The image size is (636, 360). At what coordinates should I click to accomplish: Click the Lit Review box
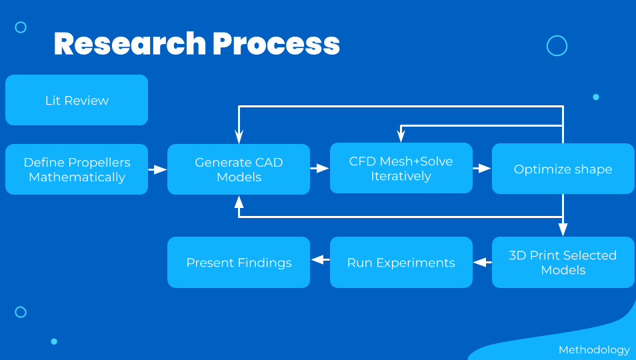[77, 100]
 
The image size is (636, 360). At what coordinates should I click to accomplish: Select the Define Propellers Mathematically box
[77, 169]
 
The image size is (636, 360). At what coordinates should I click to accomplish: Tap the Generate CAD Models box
[239, 169]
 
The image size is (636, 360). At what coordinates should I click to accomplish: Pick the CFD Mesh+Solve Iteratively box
[401, 168]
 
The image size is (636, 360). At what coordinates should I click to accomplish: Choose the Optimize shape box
[563, 169]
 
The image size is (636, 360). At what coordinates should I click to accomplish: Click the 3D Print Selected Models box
[563, 262]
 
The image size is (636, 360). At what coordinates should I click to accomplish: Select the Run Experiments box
[401, 262]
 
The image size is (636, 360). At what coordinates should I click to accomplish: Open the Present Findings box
[239, 262]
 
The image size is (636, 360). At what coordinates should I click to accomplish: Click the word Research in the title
[130, 43]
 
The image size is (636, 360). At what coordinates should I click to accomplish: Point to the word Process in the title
[276, 43]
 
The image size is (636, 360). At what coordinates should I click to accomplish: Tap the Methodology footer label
[594, 349]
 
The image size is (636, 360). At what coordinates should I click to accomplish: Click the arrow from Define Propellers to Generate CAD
[158, 169]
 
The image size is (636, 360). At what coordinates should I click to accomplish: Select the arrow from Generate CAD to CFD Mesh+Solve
[319, 168]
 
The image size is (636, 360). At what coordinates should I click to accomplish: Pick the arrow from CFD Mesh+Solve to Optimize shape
[482, 168]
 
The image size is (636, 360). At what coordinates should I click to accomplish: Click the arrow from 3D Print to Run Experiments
[482, 262]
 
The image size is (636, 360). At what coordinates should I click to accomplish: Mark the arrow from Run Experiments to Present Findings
[321, 259]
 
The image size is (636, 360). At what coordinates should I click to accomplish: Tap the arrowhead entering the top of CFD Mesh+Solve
[401, 136]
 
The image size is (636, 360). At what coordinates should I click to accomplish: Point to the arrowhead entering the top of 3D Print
[563, 229]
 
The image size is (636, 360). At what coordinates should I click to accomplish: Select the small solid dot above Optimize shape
[596, 97]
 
